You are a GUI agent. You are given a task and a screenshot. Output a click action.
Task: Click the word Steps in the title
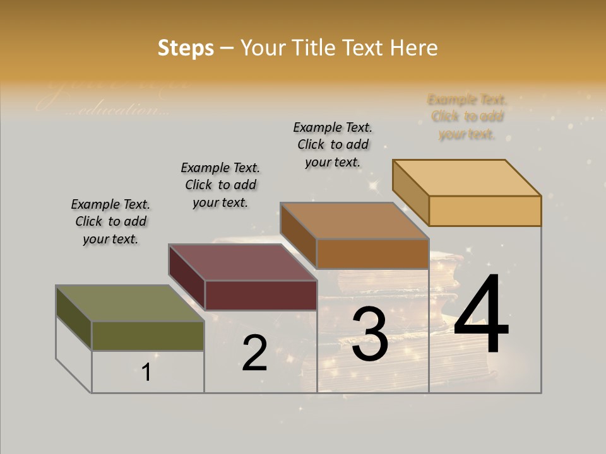tap(186, 48)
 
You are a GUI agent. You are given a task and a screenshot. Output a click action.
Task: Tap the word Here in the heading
tap(413, 48)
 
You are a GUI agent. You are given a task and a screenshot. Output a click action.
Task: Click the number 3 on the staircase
tap(370, 334)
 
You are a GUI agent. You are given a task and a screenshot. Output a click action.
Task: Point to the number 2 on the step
tap(255, 353)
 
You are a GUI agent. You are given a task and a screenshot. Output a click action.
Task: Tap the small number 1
tap(146, 373)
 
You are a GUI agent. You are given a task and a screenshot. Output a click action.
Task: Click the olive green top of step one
tap(129, 303)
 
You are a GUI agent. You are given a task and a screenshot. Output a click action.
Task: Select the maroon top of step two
tap(242, 262)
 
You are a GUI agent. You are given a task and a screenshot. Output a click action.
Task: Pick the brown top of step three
tap(355, 221)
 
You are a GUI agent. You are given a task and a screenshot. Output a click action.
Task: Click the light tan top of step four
tap(467, 177)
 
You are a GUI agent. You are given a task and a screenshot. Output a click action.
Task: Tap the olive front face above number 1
tap(148, 335)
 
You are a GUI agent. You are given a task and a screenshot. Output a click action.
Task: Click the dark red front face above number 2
tap(261, 295)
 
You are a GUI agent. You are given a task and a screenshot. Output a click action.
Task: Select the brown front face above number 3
tap(372, 253)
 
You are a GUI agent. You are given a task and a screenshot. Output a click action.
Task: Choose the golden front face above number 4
tap(485, 211)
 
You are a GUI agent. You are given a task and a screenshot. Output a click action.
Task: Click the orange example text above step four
tap(467, 117)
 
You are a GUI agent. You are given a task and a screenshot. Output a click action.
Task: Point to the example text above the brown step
tap(333, 144)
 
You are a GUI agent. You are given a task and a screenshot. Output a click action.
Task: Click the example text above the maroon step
tap(220, 185)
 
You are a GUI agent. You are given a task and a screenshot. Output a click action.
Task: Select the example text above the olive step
tap(110, 221)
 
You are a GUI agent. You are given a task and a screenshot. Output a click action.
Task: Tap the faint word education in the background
tap(120, 110)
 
